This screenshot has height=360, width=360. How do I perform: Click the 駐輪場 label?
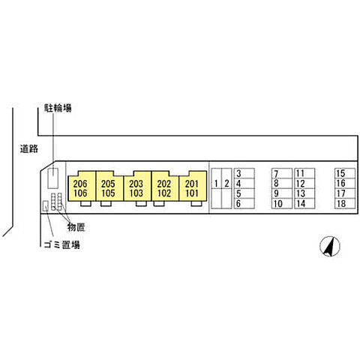coord(58,108)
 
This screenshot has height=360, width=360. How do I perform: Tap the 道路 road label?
coord(29,148)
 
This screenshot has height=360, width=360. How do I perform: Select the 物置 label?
coord(76,227)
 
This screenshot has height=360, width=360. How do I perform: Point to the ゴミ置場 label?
coord(62,244)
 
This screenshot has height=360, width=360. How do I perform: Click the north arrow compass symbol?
coord(330,246)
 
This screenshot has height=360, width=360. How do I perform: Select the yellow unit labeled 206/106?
coord(82,186)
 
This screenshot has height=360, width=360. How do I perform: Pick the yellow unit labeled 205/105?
coord(109,186)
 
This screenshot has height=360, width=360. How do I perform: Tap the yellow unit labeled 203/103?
coord(137,186)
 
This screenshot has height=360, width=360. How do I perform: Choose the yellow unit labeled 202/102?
coord(165,186)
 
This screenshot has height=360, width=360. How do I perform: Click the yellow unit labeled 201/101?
coord(193,186)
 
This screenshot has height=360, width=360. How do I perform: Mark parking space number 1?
coord(217,188)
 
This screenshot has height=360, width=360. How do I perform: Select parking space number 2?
coord(226,188)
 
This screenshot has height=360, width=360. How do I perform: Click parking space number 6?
coord(244,203)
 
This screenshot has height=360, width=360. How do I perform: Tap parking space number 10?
coord(282,203)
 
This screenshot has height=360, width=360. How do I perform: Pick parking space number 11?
coord(304,173)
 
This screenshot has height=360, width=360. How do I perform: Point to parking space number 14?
coord(304,203)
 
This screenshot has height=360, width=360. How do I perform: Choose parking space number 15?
coord(345,173)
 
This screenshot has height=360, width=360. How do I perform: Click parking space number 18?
coord(345,203)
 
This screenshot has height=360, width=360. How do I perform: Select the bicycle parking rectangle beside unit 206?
coord(53,178)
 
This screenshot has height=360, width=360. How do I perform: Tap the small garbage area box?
coord(45,205)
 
